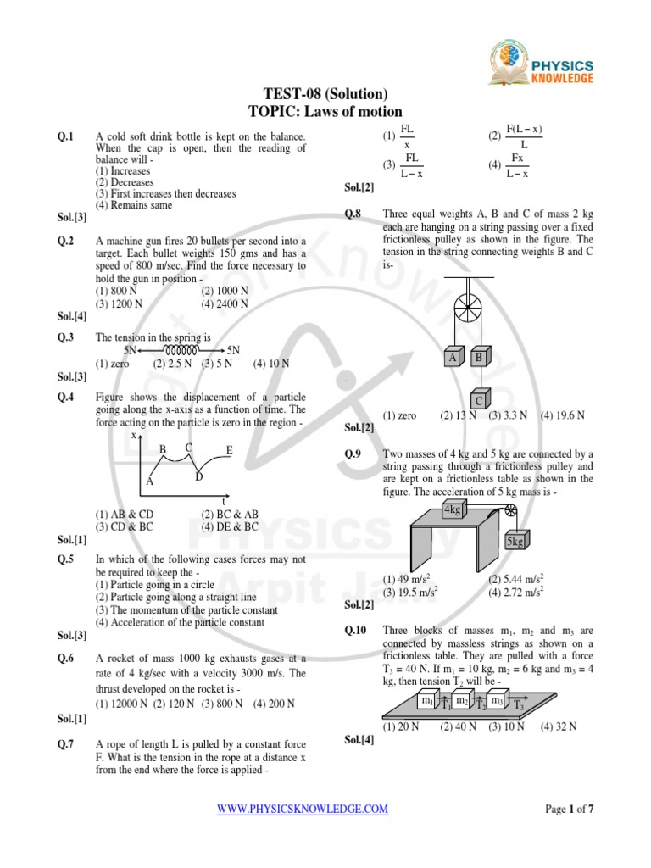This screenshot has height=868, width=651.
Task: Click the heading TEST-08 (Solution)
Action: click(325, 94)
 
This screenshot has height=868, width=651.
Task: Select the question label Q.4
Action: click(66, 397)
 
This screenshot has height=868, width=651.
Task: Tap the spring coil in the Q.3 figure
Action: click(181, 349)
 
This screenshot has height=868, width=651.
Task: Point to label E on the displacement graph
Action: click(229, 450)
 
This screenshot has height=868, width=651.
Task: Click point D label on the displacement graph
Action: click(198, 477)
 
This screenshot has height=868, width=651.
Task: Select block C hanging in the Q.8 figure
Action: click(478, 399)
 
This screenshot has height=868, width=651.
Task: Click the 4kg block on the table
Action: click(453, 509)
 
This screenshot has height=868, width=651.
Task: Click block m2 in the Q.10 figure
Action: click(462, 701)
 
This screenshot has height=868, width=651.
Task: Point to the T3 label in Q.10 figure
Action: click(519, 705)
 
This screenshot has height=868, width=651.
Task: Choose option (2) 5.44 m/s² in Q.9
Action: click(516, 579)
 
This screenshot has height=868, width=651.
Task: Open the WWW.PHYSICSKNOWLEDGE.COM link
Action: click(303, 810)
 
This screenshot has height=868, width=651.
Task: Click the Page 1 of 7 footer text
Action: click(569, 810)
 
